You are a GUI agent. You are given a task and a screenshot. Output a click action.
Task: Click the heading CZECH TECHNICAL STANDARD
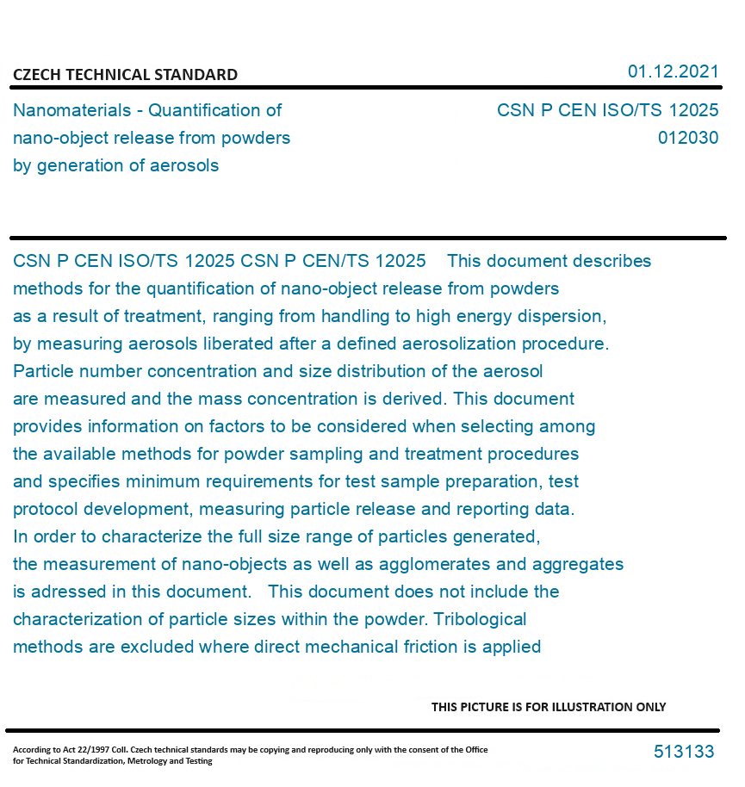(125, 75)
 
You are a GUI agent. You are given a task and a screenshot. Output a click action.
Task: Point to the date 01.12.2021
(673, 71)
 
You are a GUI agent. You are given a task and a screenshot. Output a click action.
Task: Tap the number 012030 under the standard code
(687, 138)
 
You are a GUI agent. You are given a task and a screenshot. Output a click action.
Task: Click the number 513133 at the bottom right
(684, 752)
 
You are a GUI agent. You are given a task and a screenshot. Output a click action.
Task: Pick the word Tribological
(480, 619)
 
